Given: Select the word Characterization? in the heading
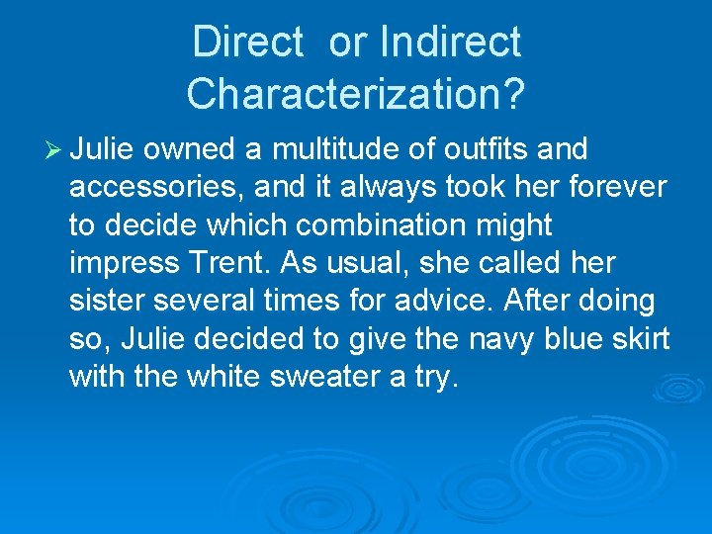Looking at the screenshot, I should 356,94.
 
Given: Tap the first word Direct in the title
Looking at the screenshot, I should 247,43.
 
